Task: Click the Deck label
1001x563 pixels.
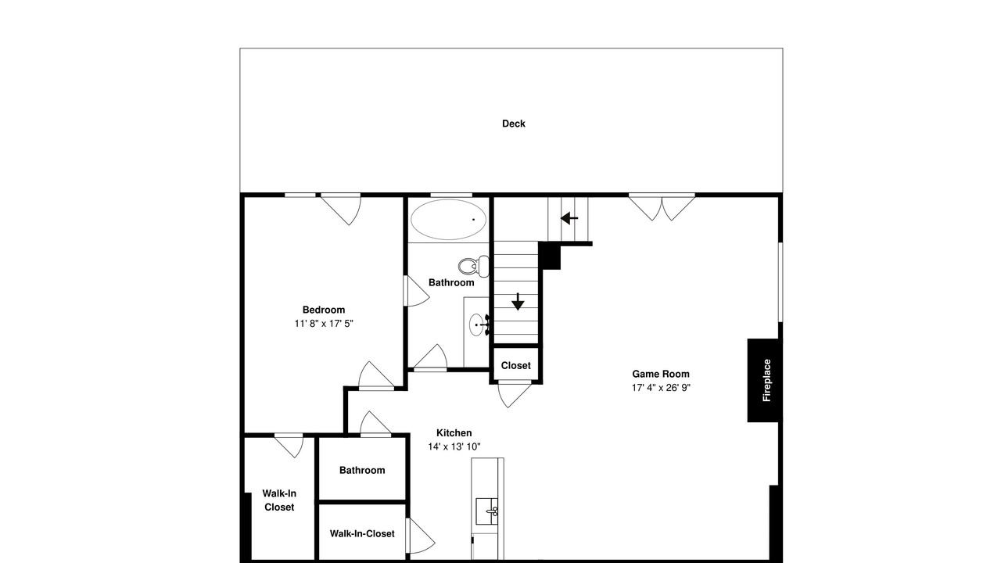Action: (514, 124)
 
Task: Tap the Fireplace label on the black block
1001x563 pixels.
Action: (766, 380)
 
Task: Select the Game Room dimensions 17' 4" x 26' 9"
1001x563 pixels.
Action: (661, 388)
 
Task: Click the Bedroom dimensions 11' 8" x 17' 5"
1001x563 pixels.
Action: (324, 324)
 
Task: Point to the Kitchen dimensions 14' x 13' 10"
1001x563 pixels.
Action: (454, 446)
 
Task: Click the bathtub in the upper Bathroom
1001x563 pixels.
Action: (448, 220)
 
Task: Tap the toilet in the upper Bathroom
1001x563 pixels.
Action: (474, 267)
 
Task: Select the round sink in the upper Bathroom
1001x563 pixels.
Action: (476, 325)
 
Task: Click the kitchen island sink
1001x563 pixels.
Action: (486, 511)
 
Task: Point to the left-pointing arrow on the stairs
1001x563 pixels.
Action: (569, 218)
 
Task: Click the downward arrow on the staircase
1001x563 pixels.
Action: (518, 302)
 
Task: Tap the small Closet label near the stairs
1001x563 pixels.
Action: (515, 365)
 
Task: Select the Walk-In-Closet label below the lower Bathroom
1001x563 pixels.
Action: (362, 533)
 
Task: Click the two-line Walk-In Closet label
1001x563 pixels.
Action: (279, 500)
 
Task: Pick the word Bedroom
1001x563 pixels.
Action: (324, 310)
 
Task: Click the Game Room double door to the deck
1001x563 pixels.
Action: (662, 207)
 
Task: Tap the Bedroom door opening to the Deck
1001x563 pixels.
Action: (341, 210)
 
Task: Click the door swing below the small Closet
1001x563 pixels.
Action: (515, 394)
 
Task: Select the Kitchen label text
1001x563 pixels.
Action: (454, 433)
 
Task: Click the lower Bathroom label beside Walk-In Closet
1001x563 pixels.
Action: (362, 470)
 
